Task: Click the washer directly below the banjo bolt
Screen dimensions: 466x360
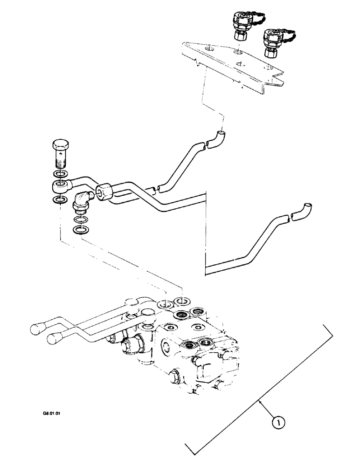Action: click(59, 175)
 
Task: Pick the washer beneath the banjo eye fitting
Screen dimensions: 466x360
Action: click(59, 200)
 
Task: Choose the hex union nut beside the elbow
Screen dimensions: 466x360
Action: click(104, 192)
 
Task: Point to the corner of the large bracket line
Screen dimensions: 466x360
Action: click(332, 335)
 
